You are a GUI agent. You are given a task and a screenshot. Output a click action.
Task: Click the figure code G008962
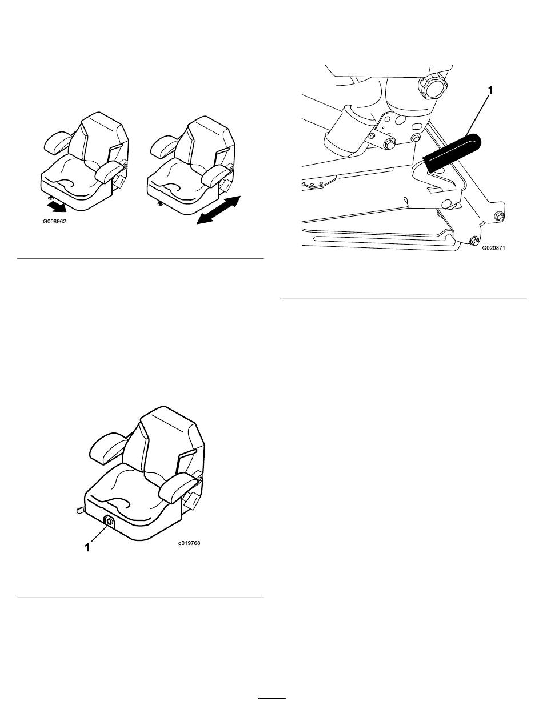(55, 222)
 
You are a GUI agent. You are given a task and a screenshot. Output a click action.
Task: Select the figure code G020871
(493, 247)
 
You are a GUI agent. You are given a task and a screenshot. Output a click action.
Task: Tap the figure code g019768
(189, 543)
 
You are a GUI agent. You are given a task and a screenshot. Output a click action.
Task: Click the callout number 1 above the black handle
(490, 90)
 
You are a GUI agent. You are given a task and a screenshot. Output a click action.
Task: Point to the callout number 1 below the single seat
(87, 548)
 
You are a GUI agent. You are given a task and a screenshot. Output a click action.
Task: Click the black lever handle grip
(452, 153)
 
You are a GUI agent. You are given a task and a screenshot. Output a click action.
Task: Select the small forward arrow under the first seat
(56, 206)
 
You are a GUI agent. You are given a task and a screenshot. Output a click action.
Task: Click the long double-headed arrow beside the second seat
(219, 210)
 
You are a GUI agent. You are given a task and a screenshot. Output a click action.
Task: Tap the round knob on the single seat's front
(109, 522)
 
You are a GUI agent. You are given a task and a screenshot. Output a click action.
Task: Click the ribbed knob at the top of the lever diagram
(433, 87)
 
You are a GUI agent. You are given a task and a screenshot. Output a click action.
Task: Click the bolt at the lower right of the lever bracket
(500, 216)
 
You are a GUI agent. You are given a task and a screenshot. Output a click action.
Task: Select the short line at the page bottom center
(272, 698)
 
